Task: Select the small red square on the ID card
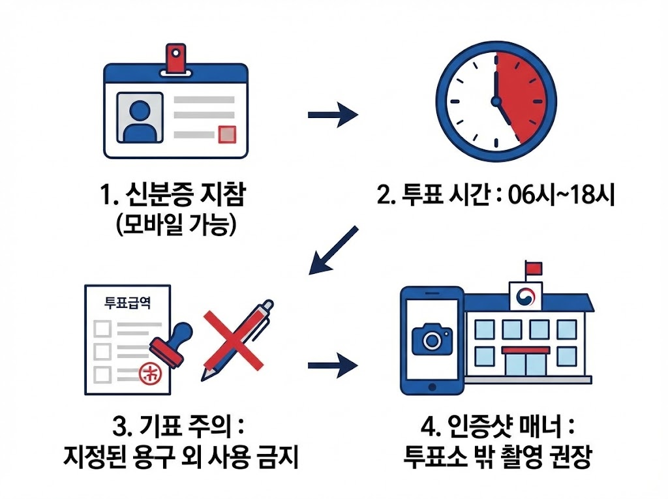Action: click(226, 134)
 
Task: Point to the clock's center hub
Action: click(496, 101)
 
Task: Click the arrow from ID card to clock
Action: click(332, 115)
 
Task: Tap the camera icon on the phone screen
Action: click(431, 339)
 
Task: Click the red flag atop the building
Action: click(533, 267)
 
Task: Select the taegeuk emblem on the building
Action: click(524, 297)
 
